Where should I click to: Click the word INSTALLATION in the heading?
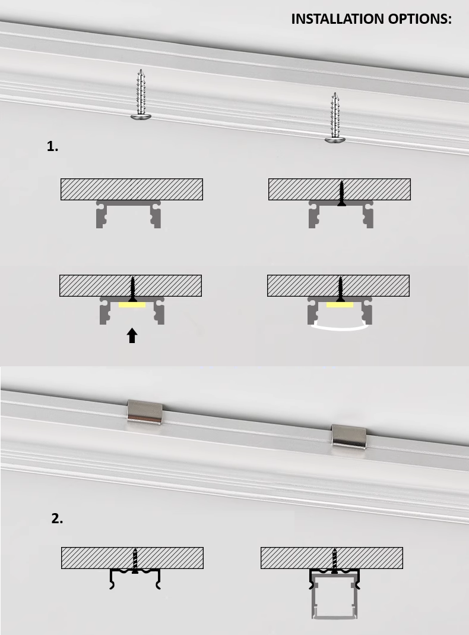pos(337,19)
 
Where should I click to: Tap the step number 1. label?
pos(53,146)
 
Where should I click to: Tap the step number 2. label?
pos(57,518)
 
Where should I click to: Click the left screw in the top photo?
pos(141,95)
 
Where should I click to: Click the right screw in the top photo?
pos(335,118)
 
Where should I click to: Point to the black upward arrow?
pos(132,336)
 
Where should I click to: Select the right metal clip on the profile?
pos(349,438)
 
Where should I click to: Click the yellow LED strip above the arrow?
pos(132,304)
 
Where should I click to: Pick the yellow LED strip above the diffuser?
pos(340,304)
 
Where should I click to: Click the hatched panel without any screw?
pos(132,189)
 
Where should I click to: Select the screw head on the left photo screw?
pos(141,117)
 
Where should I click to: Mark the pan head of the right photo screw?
pos(335,140)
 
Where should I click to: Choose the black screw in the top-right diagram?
pos(341,193)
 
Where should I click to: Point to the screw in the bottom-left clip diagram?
pos(135,561)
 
